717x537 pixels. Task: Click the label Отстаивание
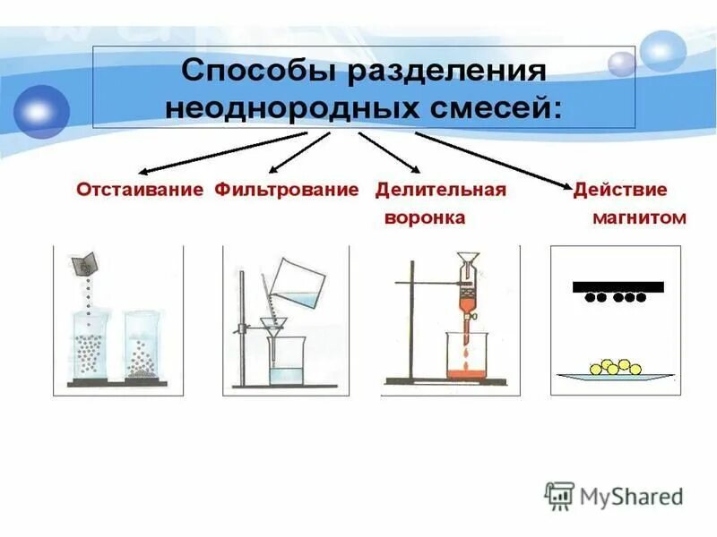(x=141, y=191)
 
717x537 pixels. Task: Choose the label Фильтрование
(x=286, y=191)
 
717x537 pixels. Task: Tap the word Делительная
(x=440, y=191)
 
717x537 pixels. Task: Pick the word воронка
(x=424, y=218)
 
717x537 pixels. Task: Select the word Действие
(x=620, y=191)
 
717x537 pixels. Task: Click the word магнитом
(x=639, y=218)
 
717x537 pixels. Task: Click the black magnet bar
(x=618, y=286)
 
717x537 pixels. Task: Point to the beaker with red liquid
(x=466, y=358)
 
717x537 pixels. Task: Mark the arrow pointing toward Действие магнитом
(x=493, y=159)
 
